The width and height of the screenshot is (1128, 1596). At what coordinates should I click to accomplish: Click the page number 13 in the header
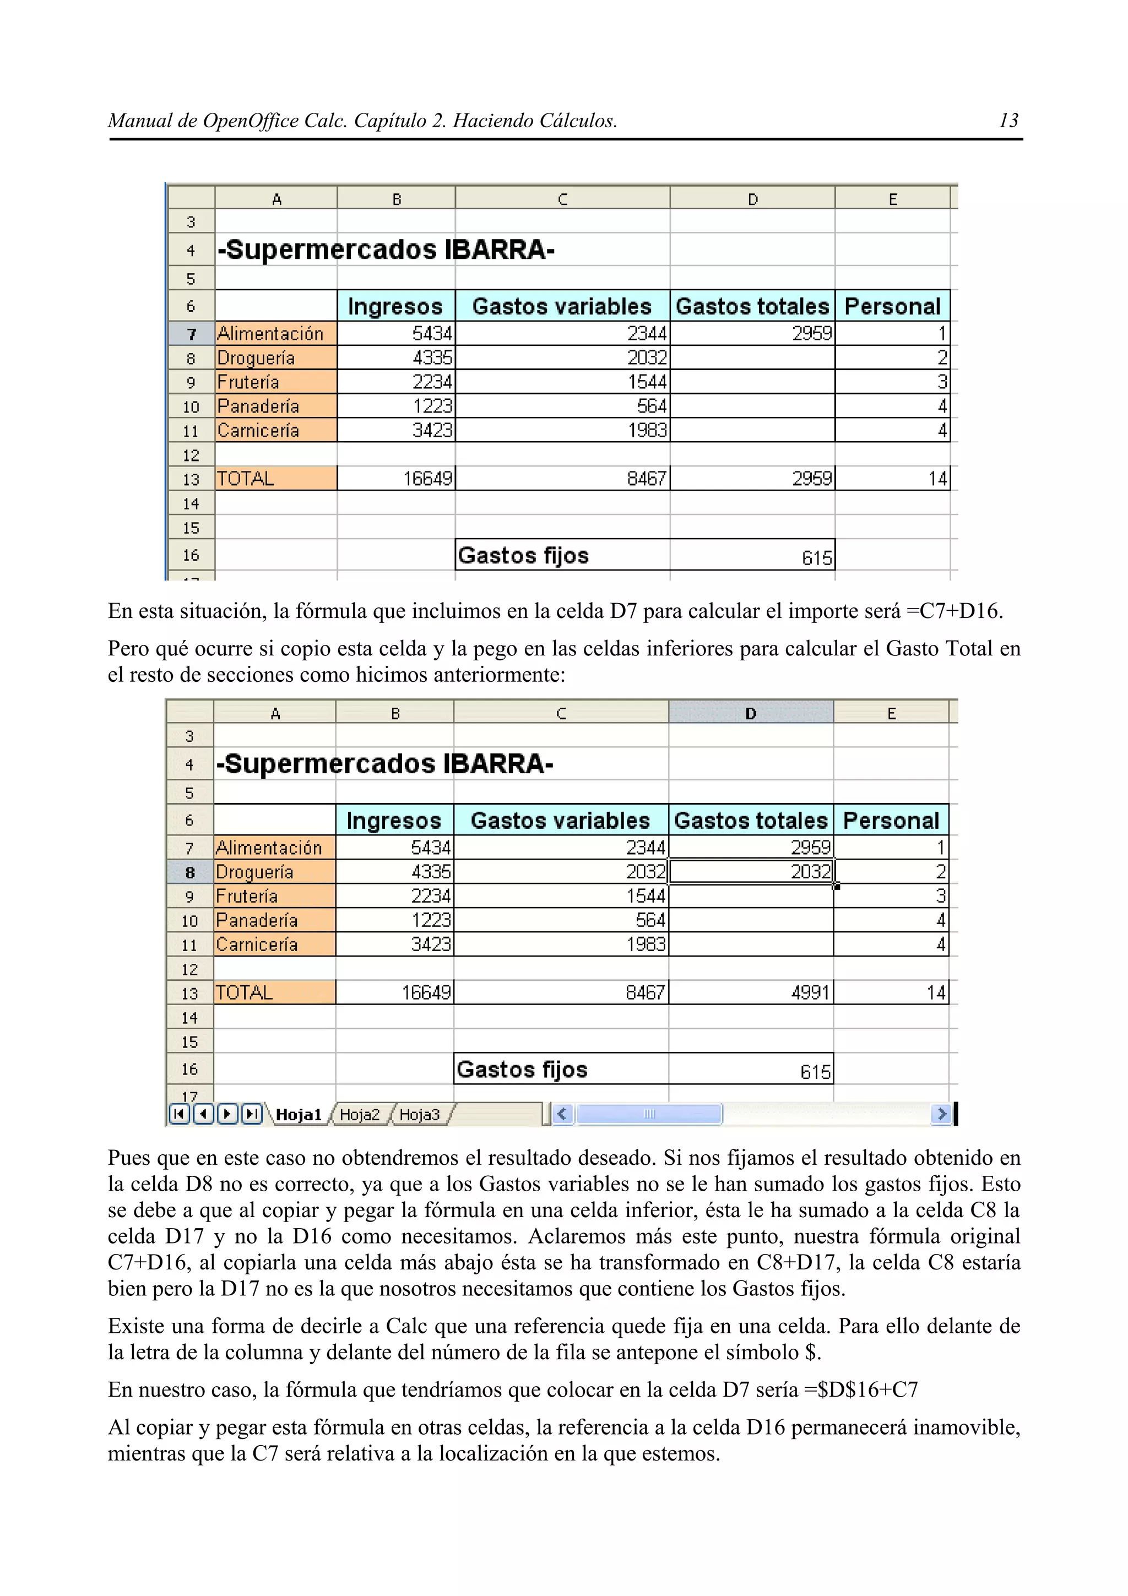point(1008,121)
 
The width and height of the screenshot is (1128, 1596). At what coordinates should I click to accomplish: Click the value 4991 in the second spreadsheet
point(810,992)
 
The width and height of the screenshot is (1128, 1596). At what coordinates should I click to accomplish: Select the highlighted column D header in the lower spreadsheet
point(751,713)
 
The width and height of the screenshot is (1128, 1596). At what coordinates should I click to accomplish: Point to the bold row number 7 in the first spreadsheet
point(191,334)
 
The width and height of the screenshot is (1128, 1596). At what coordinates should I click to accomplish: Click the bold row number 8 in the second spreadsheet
point(189,872)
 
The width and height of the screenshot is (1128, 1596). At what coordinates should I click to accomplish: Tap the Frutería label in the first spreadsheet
point(248,382)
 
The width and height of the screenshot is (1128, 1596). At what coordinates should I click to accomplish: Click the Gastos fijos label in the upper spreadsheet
point(523,555)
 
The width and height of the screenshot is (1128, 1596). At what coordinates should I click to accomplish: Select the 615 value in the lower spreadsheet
point(815,1072)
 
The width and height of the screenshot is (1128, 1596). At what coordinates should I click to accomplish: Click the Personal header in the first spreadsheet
point(892,307)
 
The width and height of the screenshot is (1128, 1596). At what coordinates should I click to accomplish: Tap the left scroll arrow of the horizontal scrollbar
point(562,1114)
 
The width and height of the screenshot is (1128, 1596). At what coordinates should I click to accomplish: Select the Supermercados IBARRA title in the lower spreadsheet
point(384,764)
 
